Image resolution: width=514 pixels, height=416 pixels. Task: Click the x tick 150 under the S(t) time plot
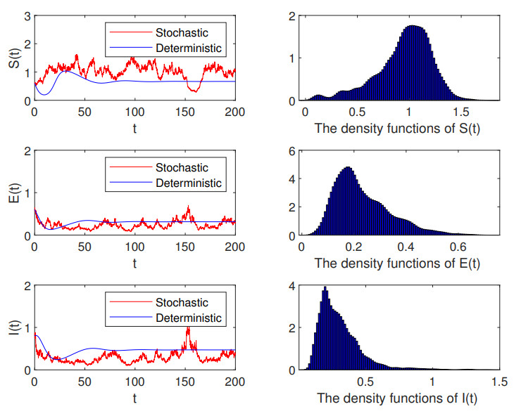pyautogui.click(x=185, y=111)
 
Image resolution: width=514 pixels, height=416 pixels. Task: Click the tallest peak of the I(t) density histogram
pyautogui.click(x=325, y=288)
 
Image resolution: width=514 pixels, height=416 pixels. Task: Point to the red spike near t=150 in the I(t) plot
pyautogui.click(x=187, y=328)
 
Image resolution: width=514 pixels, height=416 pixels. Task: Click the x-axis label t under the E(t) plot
pyautogui.click(x=134, y=264)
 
